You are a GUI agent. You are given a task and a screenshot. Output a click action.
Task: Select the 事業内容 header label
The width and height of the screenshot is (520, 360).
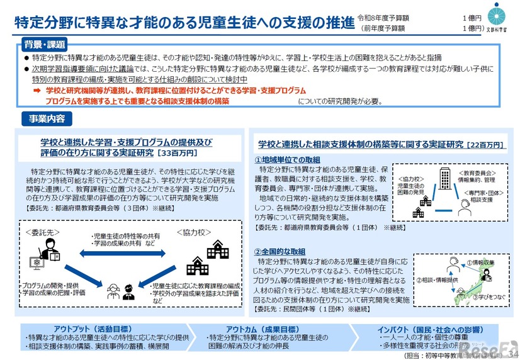47,118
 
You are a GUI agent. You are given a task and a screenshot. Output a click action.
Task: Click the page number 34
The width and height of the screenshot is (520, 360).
511,355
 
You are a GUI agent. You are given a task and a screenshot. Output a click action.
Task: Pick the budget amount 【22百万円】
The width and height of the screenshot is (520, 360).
485,145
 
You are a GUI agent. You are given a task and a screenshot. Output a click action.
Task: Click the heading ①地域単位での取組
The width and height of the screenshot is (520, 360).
289,160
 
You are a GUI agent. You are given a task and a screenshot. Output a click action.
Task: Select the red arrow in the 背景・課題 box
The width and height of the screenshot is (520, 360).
37,91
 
